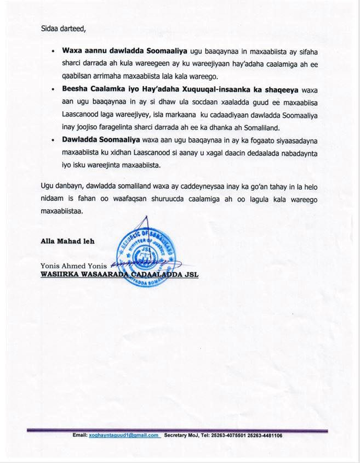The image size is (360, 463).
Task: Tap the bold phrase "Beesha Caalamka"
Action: tap(89, 88)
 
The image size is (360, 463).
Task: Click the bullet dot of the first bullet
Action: tap(53, 50)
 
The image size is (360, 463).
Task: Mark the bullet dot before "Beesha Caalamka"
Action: tap(53, 88)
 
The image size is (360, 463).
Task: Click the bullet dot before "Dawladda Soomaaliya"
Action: tap(53, 140)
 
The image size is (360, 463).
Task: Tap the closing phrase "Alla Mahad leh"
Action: tap(64, 240)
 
